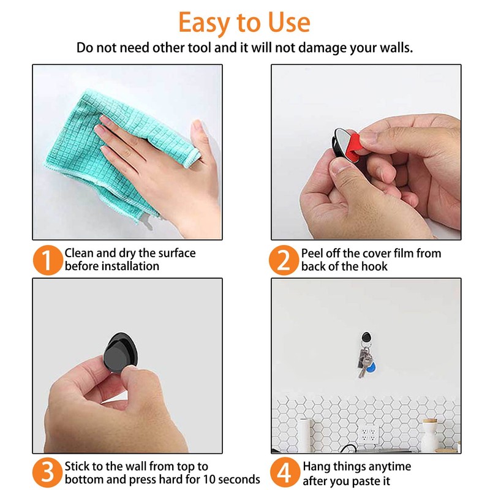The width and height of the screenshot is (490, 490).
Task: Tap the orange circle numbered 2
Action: click(284, 260)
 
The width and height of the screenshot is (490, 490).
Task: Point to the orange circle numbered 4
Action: click(284, 472)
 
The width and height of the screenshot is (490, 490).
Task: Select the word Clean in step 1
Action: click(80, 253)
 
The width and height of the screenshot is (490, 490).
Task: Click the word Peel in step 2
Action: click(312, 253)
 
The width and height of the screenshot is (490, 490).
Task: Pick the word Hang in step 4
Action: click(317, 466)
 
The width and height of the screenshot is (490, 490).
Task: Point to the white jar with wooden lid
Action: click(431, 435)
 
